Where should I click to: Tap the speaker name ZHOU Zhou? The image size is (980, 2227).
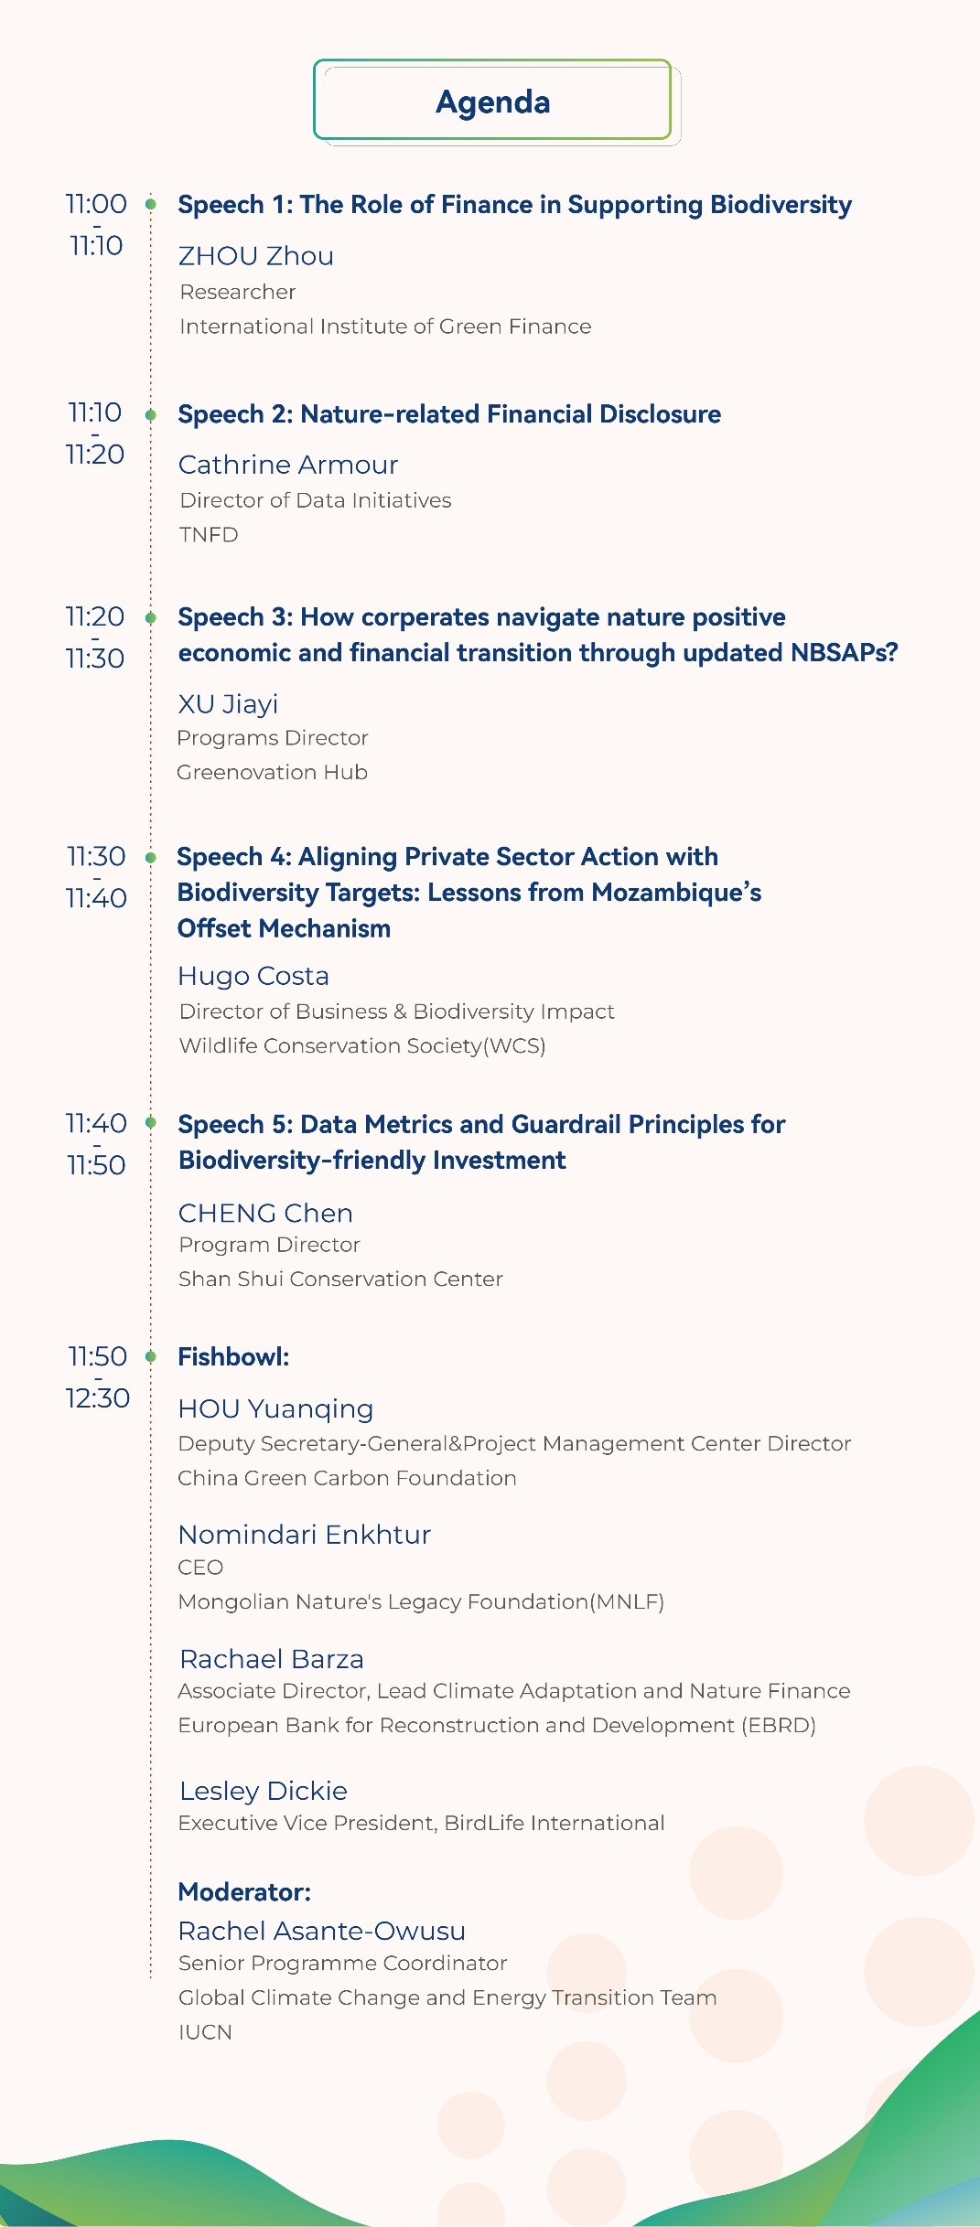[256, 256]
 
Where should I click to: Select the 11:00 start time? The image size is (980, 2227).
[96, 204]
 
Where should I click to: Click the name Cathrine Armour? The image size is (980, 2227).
[288, 465]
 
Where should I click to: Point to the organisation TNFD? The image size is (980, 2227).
[209, 535]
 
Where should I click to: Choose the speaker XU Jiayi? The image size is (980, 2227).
[228, 704]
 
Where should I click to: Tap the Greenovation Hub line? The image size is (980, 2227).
[272, 773]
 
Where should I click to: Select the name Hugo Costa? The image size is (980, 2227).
[253, 976]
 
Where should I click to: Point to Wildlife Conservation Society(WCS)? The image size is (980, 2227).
[362, 1045]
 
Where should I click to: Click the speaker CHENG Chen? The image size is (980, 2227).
[265, 1213]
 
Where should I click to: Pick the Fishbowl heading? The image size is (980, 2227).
[233, 1356]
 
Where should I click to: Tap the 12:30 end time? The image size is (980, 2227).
[98, 1397]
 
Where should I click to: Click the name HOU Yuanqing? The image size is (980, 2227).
[275, 1409]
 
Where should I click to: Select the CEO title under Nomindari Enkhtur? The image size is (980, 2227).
[200, 1568]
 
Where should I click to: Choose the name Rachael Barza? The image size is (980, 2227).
[272, 1659]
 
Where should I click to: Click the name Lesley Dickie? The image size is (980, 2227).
[264, 1791]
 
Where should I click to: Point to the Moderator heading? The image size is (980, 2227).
[244, 1891]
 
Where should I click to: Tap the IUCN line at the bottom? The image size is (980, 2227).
[205, 2032]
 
